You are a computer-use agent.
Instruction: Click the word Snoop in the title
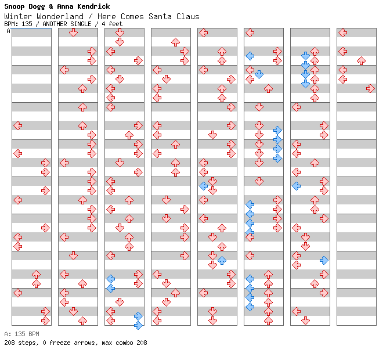point(16,6)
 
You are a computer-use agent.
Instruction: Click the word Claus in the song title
point(188,16)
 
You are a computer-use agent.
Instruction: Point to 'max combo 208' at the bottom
point(124,343)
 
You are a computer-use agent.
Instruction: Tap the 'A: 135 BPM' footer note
point(21,334)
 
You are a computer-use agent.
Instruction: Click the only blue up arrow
point(222,260)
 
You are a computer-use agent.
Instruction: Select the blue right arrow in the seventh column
point(324,260)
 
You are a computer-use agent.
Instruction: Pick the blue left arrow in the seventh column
point(296,186)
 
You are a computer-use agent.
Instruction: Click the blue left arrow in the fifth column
point(203,186)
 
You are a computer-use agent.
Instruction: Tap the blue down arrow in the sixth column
point(259,74)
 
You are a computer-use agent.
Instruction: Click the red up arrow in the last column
point(361,60)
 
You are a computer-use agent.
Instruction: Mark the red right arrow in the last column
point(370,88)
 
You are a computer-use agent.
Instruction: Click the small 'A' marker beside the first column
point(8,31)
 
